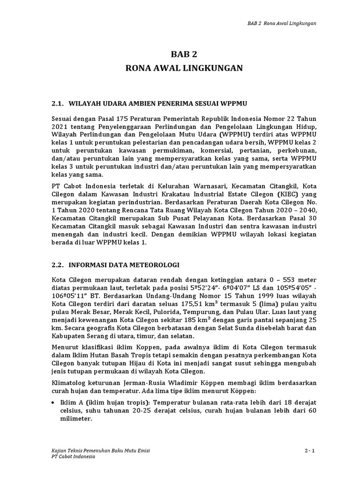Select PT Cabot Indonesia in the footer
pyautogui.click(x=73, y=457)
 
